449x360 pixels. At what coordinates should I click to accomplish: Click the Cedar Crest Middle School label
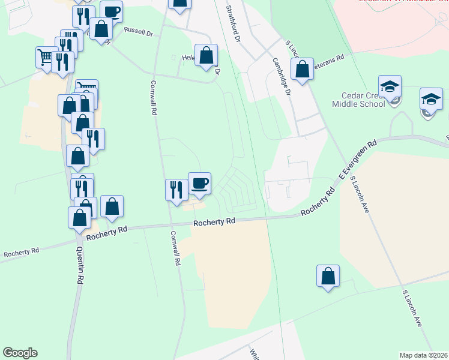[x=358, y=99]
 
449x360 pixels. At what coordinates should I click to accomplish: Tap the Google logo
[x=20, y=353]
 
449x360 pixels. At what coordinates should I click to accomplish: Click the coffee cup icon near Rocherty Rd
[x=199, y=183]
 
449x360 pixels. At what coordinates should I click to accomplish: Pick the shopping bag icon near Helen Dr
[x=206, y=56]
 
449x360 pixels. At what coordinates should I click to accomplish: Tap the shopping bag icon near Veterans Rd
[x=303, y=70]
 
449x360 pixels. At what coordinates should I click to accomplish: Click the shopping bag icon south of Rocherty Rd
[x=328, y=277]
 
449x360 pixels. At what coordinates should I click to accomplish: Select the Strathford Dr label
[x=233, y=23]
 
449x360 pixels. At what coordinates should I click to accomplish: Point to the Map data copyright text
[x=423, y=355]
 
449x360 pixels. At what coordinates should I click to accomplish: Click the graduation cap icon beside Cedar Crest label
[x=389, y=87]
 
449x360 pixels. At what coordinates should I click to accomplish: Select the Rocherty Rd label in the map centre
[x=214, y=222]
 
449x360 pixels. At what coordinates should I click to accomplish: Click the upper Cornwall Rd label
[x=154, y=98]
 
